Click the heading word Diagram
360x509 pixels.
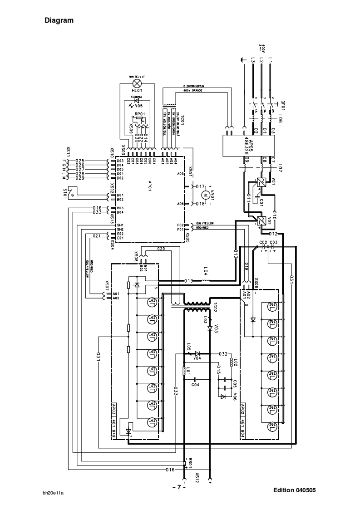tap(59, 20)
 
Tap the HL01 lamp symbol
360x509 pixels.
tap(137, 83)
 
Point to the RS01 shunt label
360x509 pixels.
tap(191, 463)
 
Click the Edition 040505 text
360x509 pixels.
tap(294, 490)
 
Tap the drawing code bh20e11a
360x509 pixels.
tap(53, 493)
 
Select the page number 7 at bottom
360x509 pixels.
tap(179, 487)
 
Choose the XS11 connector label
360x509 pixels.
tap(68, 151)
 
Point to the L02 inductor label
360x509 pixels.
tap(234, 362)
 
